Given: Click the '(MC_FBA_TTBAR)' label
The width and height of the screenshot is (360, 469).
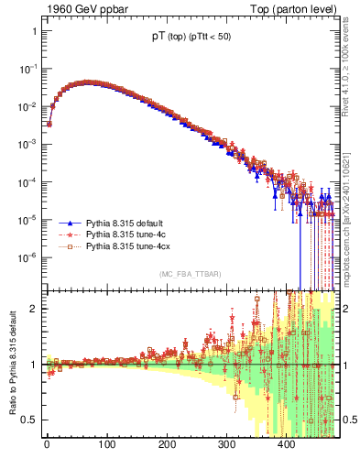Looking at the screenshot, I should click(x=191, y=274).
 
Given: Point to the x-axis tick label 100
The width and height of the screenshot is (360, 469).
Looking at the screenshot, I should click(x=106, y=445).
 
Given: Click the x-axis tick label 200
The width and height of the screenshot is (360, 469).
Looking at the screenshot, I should click(x=167, y=445).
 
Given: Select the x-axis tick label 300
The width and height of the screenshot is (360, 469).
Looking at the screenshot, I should click(x=226, y=445).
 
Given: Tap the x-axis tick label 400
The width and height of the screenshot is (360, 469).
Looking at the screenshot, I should click(x=287, y=445).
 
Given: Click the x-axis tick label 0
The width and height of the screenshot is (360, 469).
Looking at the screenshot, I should click(x=47, y=445).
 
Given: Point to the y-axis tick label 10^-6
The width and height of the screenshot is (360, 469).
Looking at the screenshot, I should click(x=28, y=257).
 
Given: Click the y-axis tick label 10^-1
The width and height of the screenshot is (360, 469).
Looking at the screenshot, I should click(x=28, y=69).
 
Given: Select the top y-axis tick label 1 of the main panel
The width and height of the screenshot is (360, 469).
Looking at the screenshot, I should click(x=33, y=31).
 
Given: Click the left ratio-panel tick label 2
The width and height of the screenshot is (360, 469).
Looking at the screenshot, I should click(x=33, y=308).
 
